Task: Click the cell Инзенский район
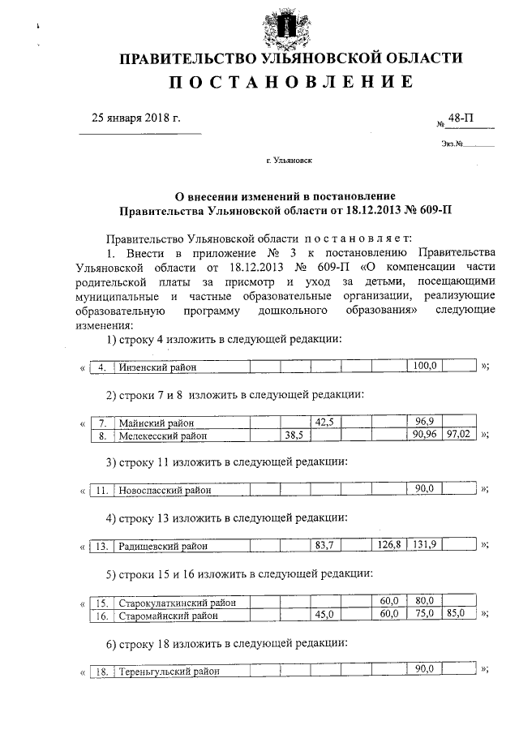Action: [x=158, y=367]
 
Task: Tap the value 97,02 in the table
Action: [x=460, y=435]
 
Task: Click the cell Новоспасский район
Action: [x=165, y=491]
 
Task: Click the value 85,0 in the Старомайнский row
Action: [x=457, y=615]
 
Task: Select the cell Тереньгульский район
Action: [x=169, y=672]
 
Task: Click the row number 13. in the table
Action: [x=101, y=546]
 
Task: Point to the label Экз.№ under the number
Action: [x=453, y=144]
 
